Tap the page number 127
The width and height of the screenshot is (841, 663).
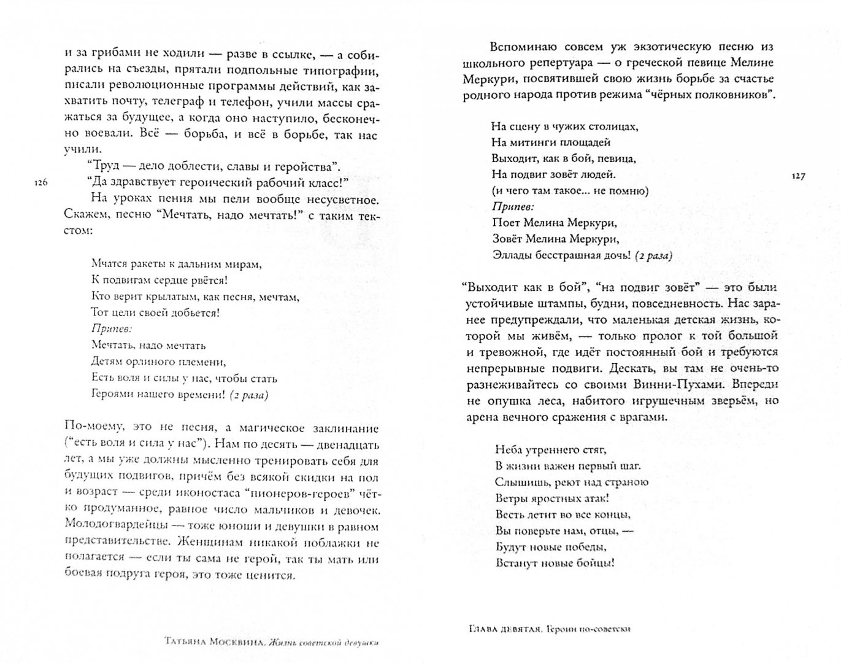pyautogui.click(x=798, y=176)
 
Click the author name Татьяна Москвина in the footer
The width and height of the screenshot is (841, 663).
pyautogui.click(x=214, y=642)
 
